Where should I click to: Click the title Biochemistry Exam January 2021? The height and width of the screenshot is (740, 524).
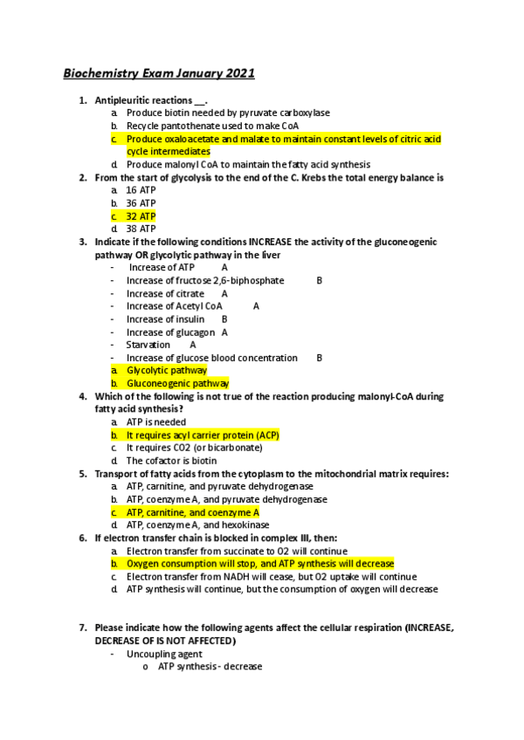click(158, 73)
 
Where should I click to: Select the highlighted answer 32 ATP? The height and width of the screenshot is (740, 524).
click(141, 216)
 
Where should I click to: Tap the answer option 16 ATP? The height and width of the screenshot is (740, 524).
click(141, 190)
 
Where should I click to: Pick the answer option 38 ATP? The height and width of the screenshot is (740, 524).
click(141, 229)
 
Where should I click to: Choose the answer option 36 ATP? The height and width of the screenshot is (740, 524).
click(141, 203)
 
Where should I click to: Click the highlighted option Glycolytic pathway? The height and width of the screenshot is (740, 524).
click(167, 370)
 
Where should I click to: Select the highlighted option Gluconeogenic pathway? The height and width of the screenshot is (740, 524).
click(177, 383)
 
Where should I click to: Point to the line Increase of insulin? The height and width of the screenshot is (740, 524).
click(166, 319)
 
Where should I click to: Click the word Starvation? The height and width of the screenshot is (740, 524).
click(148, 345)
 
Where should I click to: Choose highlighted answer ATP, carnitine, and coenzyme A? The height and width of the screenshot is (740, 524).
click(193, 512)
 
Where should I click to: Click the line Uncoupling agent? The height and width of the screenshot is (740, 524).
click(164, 654)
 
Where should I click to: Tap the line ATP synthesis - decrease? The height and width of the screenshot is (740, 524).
click(210, 667)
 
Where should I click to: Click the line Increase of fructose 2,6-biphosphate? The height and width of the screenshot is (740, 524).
click(205, 281)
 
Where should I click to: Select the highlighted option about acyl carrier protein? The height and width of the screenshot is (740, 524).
click(203, 435)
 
